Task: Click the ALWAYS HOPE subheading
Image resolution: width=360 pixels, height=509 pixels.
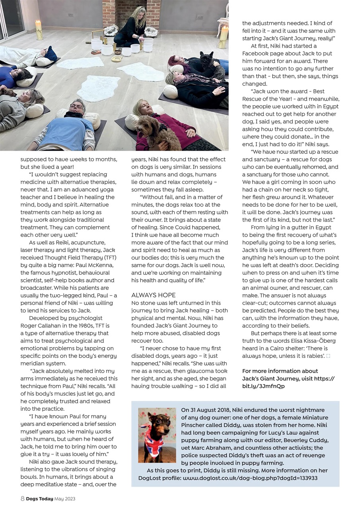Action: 153,295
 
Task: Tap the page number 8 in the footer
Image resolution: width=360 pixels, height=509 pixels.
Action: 23,499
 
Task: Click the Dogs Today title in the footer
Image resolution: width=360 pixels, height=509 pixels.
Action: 40,499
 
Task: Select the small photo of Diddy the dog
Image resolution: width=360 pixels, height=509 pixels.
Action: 157,435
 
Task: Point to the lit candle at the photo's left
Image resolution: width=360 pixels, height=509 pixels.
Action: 39,30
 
